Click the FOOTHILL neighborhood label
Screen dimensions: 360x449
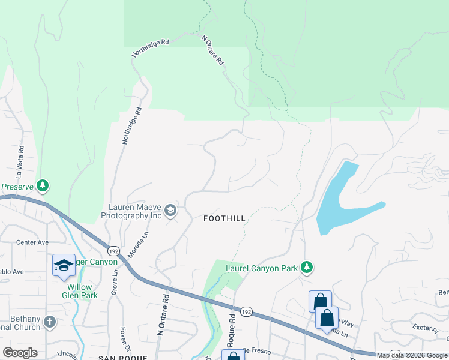tap(224, 218)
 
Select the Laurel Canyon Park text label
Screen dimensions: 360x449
tap(261, 268)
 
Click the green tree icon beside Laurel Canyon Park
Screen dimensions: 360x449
tap(307, 267)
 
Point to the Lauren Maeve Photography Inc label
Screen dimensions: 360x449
tap(131, 211)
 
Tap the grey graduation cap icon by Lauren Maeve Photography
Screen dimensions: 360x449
tap(171, 210)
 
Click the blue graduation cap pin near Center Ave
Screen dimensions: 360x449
tap(64, 265)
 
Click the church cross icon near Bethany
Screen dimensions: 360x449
tap(50, 322)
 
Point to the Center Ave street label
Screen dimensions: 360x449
tap(32, 243)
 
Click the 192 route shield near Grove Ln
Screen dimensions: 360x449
tap(114, 249)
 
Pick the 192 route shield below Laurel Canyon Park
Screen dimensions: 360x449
tap(245, 312)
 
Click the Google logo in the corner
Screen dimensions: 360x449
tap(20, 353)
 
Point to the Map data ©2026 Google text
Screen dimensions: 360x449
tap(412, 355)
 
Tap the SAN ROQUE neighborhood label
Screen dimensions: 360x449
tap(122, 357)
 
